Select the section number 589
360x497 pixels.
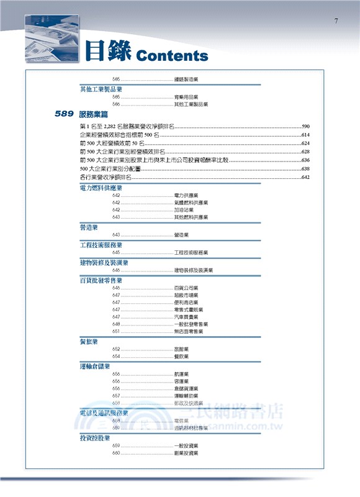[x=64, y=114]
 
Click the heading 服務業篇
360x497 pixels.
[x=94, y=114]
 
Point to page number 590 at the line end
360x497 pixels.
[x=305, y=126]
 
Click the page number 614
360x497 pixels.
[x=305, y=135]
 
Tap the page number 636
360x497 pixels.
[x=305, y=160]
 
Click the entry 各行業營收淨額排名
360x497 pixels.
[x=106, y=178]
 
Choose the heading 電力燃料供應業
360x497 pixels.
[x=101, y=188]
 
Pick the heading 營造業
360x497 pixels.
[x=89, y=227]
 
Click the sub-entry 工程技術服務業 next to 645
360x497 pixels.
[x=191, y=253]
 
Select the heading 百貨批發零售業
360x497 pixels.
[x=101, y=280]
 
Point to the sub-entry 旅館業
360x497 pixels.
[x=182, y=349]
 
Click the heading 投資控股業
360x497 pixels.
[x=95, y=438]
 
